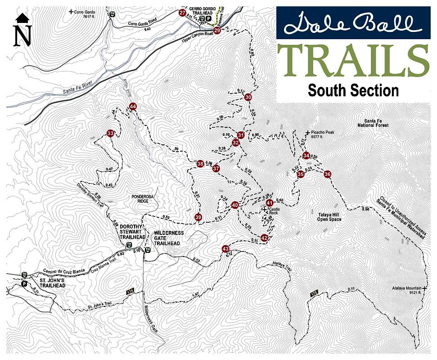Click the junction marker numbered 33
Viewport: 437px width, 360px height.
click(x=110, y=133)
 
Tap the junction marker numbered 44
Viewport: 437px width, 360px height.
click(x=133, y=106)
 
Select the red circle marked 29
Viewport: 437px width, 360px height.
click(x=217, y=31)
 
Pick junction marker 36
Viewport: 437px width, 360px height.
click(x=328, y=174)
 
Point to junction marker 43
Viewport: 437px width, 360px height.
click(x=225, y=249)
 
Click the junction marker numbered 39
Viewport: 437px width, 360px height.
click(x=198, y=217)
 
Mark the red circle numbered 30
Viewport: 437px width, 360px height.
click(x=248, y=97)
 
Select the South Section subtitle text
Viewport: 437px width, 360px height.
click(x=353, y=90)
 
